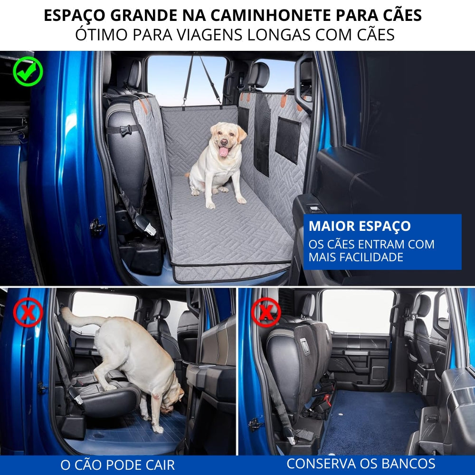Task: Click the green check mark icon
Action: click(x=28, y=71)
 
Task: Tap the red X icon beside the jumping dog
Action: click(x=28, y=312)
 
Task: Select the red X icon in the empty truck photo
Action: click(x=266, y=312)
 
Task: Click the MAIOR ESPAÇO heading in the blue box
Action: click(x=360, y=226)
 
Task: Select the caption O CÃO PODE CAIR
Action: click(x=117, y=465)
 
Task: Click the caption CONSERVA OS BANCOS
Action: click(x=361, y=464)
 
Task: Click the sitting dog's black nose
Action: click(x=223, y=142)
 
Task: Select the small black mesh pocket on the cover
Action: click(x=288, y=140)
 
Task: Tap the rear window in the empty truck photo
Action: click(x=357, y=311)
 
